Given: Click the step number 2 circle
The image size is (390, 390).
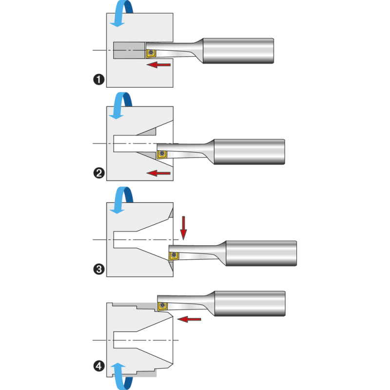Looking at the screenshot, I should tap(99, 172).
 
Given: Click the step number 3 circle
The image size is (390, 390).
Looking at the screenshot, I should tap(99, 269).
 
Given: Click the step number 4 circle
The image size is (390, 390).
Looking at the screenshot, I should tap(99, 364).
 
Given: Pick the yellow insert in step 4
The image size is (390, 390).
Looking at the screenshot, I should tap(161, 306).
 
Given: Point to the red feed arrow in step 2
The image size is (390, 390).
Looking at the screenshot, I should tap(159, 173).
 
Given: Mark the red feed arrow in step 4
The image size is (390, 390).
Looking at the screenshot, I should tap(190, 319).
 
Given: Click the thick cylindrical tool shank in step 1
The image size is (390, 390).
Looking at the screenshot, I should tap(238, 50).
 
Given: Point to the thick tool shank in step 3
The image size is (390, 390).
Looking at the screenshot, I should tap(261, 253).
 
